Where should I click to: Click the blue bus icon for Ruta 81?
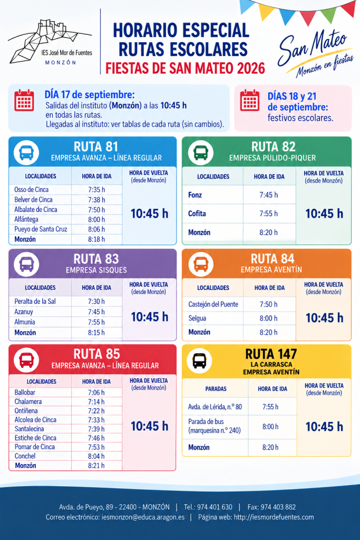click(26, 152)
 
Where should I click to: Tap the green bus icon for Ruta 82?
click(201, 152)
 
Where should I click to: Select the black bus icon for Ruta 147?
click(199, 361)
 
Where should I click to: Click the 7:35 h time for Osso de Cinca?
click(96, 190)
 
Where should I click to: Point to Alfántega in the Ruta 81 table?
click(26, 219)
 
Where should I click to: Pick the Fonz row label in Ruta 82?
click(195, 195)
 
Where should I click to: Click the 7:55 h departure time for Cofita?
click(268, 214)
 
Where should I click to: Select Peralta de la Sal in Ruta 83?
click(35, 301)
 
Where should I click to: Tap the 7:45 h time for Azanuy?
click(96, 312)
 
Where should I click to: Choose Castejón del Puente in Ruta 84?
click(213, 304)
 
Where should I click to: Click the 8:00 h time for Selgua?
click(268, 318)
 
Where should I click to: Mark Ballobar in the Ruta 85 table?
click(25, 392)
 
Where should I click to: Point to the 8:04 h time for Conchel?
click(96, 456)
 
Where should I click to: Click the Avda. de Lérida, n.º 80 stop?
click(215, 407)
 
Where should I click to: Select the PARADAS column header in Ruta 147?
click(216, 389)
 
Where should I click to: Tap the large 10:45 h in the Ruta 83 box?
click(150, 317)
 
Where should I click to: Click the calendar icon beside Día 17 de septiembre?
click(24, 100)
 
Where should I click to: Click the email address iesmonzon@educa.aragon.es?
click(143, 517)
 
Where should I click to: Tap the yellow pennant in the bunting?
click(266, 11)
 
